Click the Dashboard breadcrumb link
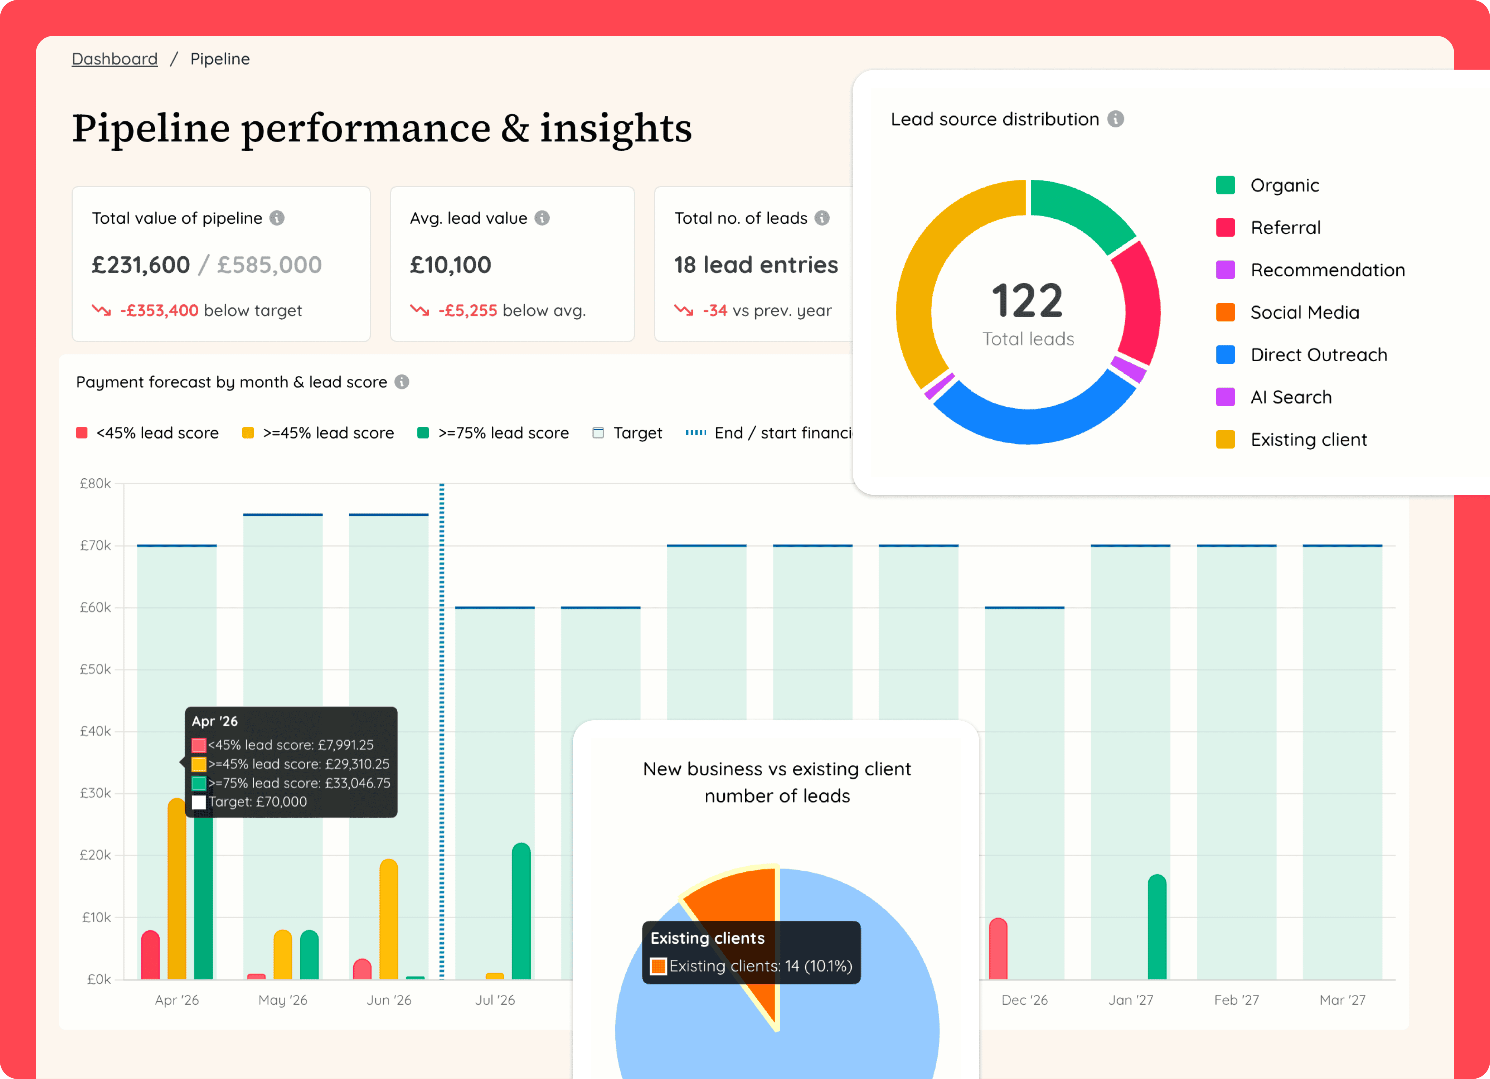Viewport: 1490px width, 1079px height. point(114,59)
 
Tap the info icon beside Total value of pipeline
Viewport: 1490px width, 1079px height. point(277,218)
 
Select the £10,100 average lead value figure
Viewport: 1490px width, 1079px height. point(451,265)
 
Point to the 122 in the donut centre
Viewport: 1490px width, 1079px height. point(1028,301)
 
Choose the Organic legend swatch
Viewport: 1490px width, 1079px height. point(1225,185)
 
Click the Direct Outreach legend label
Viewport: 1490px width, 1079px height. point(1319,355)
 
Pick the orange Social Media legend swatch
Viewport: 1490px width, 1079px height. point(1225,312)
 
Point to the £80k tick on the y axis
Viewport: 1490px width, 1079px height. point(95,484)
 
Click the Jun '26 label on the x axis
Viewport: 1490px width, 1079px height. point(389,1000)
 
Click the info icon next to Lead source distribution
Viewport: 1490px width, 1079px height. point(1116,119)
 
